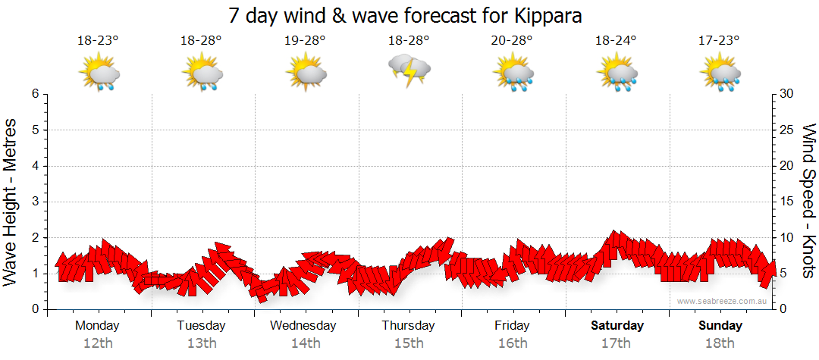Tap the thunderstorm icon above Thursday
(x=409, y=70)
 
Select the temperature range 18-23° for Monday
(x=98, y=41)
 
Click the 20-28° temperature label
(x=512, y=41)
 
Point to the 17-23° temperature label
(x=720, y=41)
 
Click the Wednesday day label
(x=303, y=326)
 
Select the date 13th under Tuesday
(x=201, y=343)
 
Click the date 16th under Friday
(x=513, y=343)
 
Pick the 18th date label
(x=720, y=343)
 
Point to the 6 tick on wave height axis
(x=35, y=95)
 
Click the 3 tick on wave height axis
(x=35, y=202)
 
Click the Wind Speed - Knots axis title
(x=808, y=202)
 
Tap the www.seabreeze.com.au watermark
(x=723, y=302)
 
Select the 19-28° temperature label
(x=305, y=41)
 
